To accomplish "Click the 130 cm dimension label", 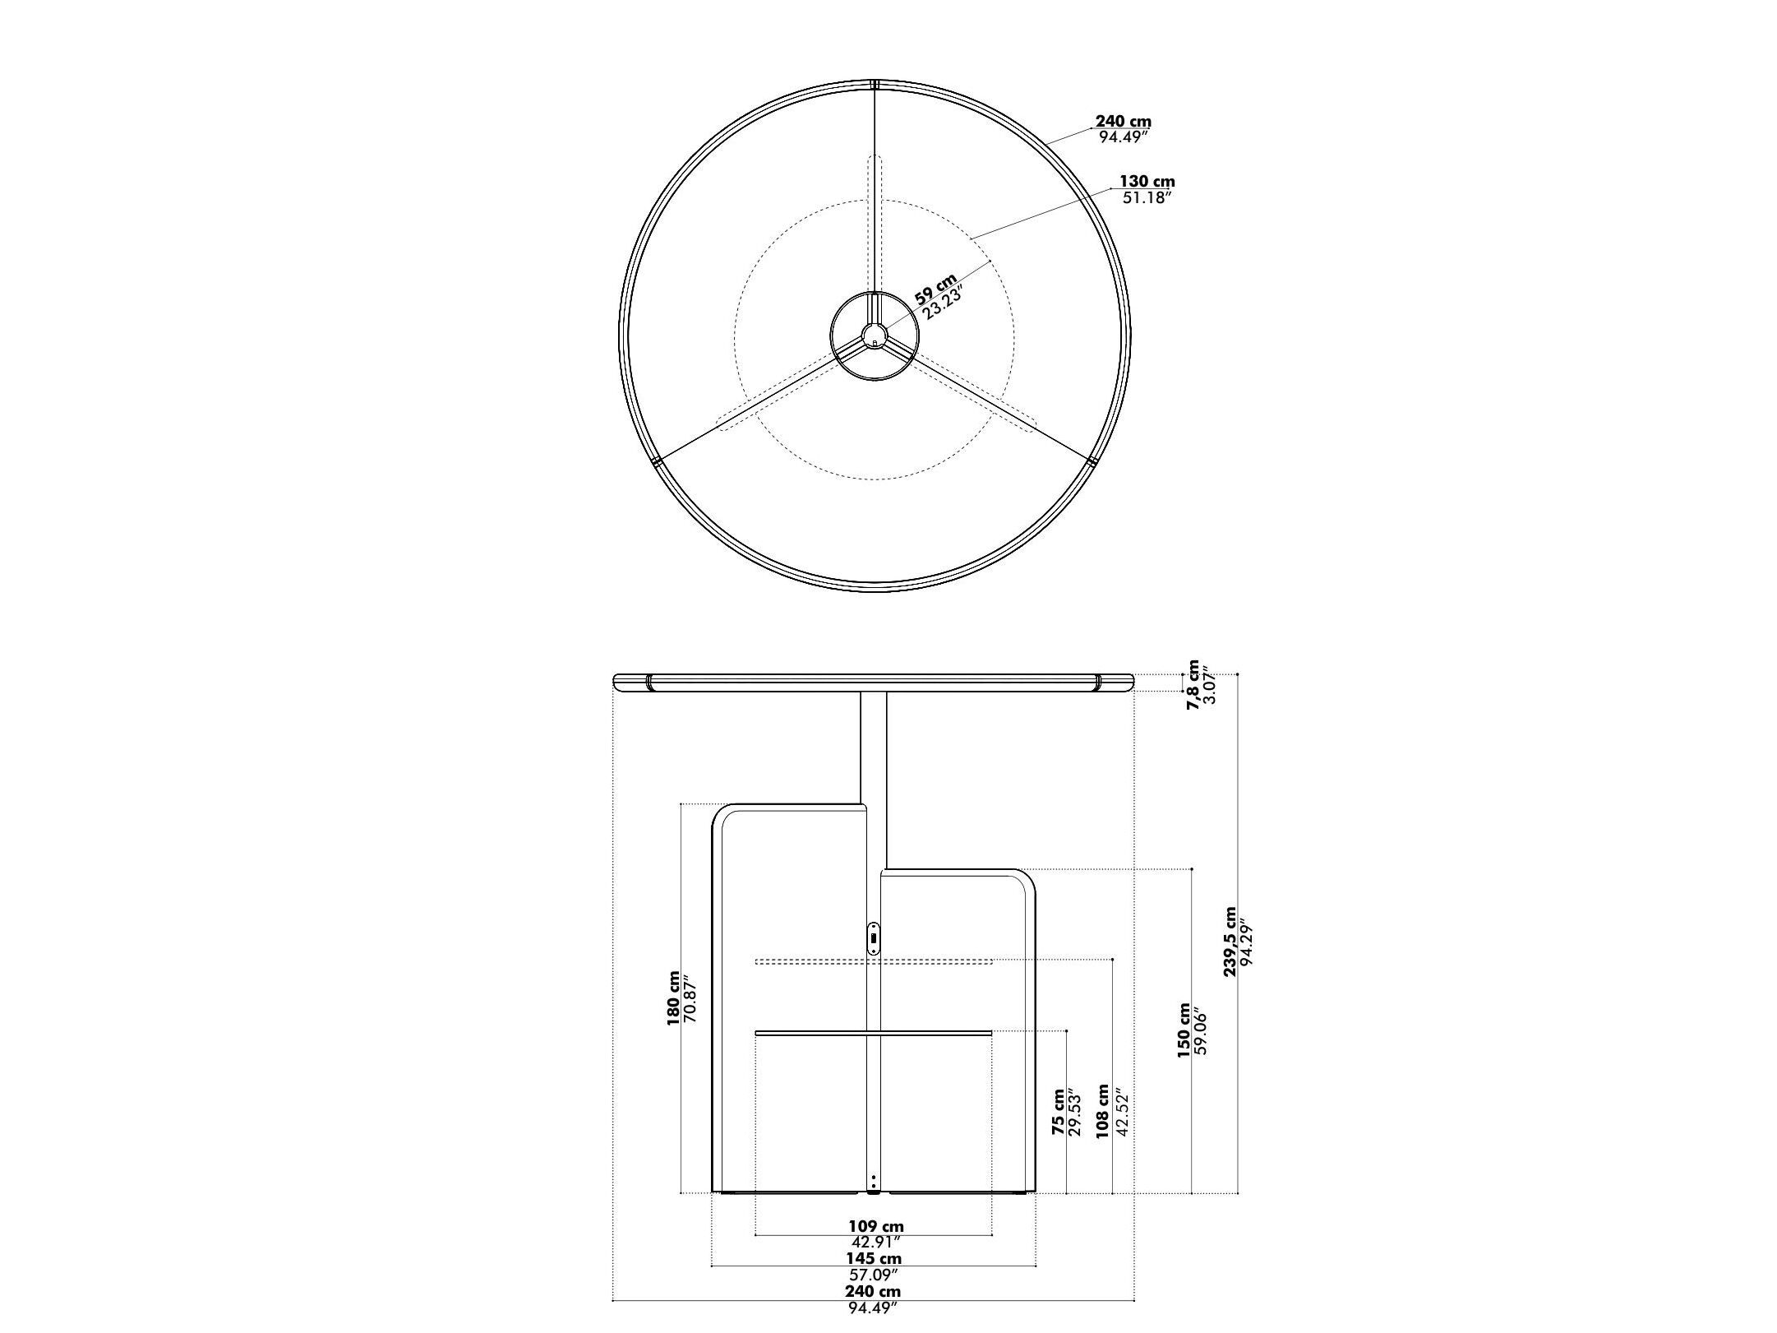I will point(1147,181).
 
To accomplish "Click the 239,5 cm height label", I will point(1230,942).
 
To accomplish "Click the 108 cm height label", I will point(1103,1111).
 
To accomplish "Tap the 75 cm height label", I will point(1058,1113).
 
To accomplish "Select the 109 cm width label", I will point(876,1228).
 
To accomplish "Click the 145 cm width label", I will point(874,1258).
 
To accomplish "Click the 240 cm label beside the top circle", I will point(1124,122).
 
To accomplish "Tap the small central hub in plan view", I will point(874,335).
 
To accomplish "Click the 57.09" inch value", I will point(875,1275).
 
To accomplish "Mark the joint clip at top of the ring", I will point(875,84).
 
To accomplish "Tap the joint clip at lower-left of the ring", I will point(656,463).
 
